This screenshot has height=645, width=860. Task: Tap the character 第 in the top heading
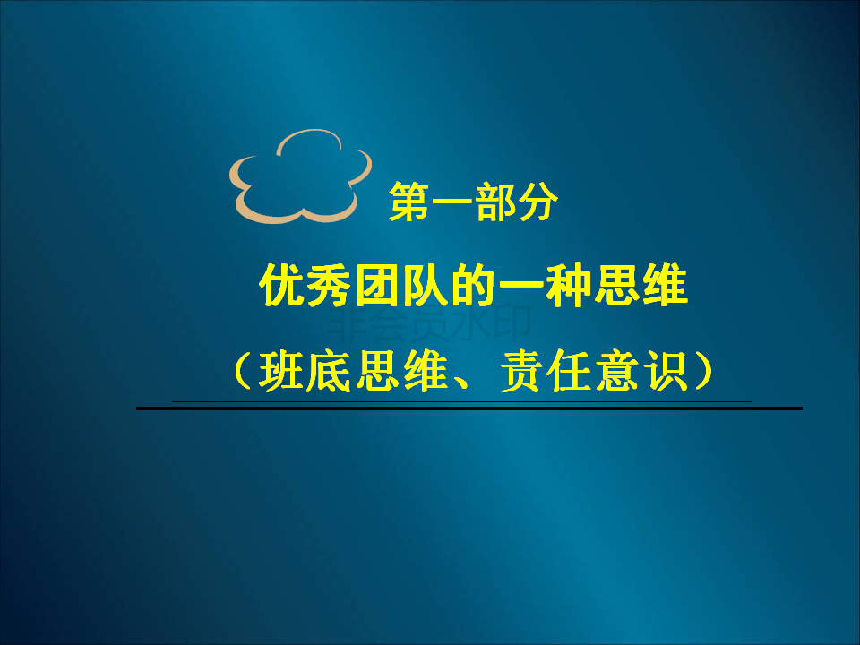click(x=409, y=202)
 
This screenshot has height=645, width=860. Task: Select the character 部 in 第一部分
click(x=495, y=202)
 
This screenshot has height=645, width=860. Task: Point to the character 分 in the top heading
click(x=537, y=202)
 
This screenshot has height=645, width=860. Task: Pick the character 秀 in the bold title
click(x=330, y=285)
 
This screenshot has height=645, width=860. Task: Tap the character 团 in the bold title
click(x=377, y=285)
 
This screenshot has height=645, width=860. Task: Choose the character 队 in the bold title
click(x=425, y=285)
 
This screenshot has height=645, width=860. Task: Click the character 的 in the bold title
click(x=473, y=285)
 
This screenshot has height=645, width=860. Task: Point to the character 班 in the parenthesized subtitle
click(x=282, y=371)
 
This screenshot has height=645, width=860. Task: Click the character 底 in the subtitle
click(x=329, y=371)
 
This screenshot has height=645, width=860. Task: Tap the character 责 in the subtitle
click(x=521, y=371)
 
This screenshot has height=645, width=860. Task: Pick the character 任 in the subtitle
click(x=569, y=371)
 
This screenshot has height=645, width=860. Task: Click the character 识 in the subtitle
click(x=664, y=371)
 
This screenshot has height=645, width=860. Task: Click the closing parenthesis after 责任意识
click(x=704, y=371)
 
